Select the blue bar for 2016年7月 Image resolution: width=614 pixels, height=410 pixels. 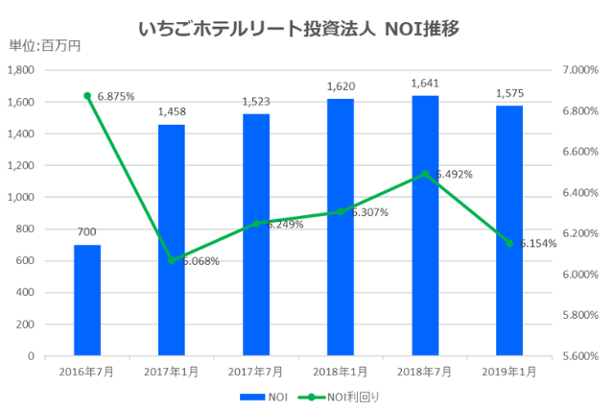(x=87, y=300)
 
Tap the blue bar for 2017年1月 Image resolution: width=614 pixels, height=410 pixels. (x=172, y=240)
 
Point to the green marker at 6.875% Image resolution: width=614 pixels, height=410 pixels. (x=87, y=96)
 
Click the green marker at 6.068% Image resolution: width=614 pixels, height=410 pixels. (x=172, y=260)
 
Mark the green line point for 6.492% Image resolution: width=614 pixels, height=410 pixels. (x=425, y=174)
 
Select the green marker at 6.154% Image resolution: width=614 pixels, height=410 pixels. (x=509, y=243)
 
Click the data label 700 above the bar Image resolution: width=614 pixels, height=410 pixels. (x=87, y=231)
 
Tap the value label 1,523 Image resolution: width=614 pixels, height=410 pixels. (x=256, y=101)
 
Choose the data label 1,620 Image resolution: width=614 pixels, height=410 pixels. (x=341, y=85)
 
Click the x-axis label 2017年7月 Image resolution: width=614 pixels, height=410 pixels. (x=256, y=372)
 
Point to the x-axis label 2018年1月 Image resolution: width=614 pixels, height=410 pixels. (x=341, y=372)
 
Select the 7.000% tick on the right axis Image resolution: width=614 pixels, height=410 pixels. (x=580, y=70)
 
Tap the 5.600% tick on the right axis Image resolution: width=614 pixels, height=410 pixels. (x=580, y=355)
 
